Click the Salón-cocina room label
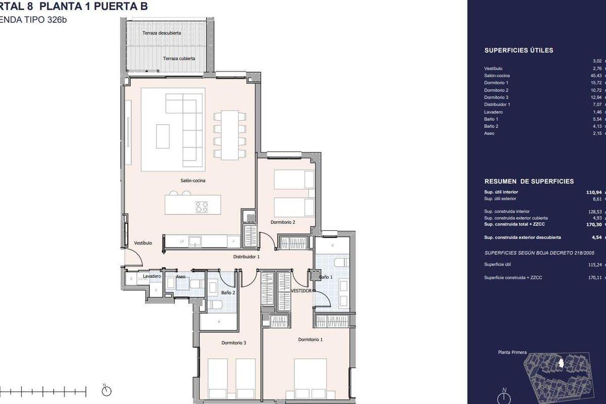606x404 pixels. [x=193, y=180]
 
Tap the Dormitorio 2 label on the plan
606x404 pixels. [x=283, y=222]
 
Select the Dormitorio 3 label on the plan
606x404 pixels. [x=234, y=343]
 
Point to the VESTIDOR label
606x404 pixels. [x=301, y=291]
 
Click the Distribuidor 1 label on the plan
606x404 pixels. [x=246, y=257]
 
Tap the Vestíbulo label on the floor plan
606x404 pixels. [x=143, y=243]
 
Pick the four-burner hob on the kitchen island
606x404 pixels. [x=201, y=206]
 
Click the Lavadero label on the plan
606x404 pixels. [x=151, y=277]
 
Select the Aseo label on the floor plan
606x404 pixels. [x=180, y=277]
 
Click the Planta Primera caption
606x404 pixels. [x=501, y=352]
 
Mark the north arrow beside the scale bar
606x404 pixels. [x=105, y=390]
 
